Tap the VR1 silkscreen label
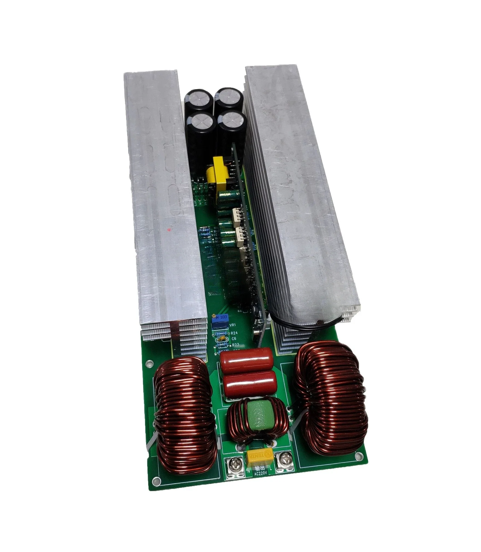(232, 325)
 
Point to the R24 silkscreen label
(234, 333)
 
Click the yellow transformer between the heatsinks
(216, 177)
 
